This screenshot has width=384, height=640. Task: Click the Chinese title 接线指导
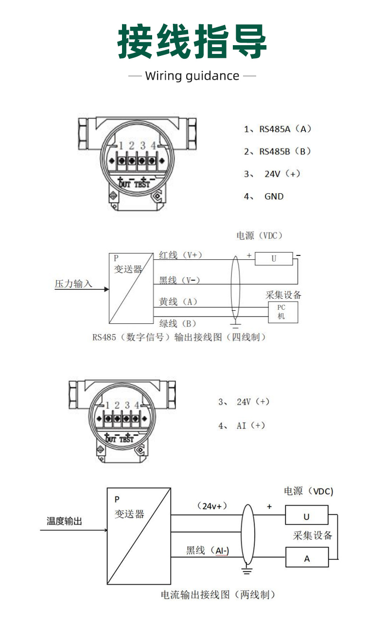click(x=192, y=41)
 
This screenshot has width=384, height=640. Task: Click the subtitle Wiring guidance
click(x=192, y=76)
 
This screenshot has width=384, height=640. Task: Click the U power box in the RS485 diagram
click(x=274, y=258)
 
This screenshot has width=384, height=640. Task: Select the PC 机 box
click(x=283, y=312)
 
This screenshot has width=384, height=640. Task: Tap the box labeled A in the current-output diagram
click(x=307, y=557)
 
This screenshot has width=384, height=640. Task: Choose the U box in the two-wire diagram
click(x=307, y=515)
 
